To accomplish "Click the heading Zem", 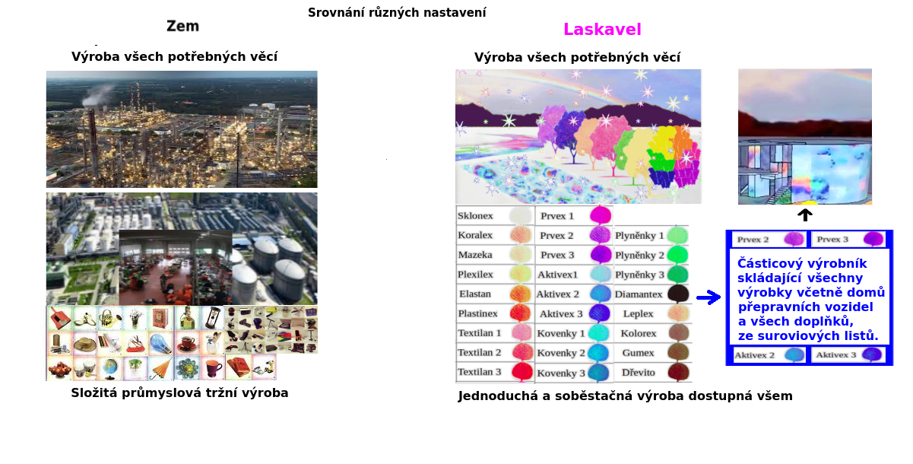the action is (182, 26).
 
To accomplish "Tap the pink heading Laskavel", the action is (602, 30).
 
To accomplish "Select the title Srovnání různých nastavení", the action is (397, 13).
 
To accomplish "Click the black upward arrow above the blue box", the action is (805, 215).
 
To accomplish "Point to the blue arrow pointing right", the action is (709, 297).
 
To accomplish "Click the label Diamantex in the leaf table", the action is (639, 294).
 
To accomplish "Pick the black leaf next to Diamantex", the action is (678, 294).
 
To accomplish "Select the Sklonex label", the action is (475, 216).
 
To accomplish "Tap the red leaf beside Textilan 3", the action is (522, 372).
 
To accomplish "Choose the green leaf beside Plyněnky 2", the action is (677, 256).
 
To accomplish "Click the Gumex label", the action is (639, 353).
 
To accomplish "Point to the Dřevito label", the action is (639, 372).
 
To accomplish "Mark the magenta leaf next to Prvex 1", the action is (601, 215).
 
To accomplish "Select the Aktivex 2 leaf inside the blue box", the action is (794, 354).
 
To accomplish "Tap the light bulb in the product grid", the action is (160, 344).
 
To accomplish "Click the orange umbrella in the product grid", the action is (160, 368).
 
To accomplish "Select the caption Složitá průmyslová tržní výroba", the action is (179, 392).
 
